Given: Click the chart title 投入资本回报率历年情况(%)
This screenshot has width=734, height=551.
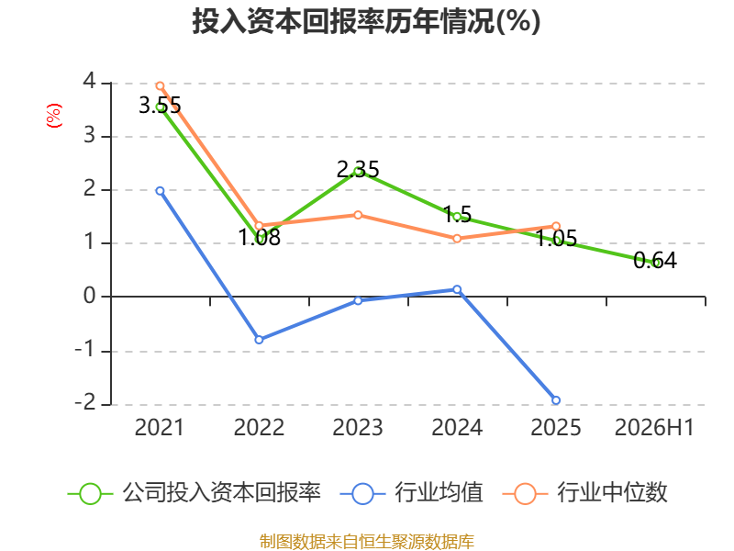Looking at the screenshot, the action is click(x=366, y=21).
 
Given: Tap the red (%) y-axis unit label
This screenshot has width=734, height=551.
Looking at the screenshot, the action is click(x=54, y=116).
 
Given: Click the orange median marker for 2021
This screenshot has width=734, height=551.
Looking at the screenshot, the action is click(x=160, y=85).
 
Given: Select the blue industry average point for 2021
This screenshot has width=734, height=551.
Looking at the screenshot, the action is click(x=160, y=191).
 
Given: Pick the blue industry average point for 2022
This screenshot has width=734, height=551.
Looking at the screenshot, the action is click(x=259, y=339).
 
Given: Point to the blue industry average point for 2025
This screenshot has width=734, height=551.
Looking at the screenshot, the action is click(x=556, y=400).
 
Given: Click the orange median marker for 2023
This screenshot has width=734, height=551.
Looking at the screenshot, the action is click(x=358, y=215).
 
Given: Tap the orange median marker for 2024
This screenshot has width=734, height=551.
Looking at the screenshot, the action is click(x=457, y=239).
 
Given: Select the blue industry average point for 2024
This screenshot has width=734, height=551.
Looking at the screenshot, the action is click(x=457, y=289).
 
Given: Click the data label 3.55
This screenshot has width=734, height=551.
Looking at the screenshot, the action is click(x=160, y=105).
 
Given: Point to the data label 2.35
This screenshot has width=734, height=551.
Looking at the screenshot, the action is click(x=358, y=169).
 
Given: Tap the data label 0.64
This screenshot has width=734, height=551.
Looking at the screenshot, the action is click(x=655, y=261).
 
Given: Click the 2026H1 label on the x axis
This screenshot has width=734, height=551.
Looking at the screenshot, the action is click(x=654, y=427).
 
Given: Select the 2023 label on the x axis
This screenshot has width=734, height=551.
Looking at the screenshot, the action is click(x=358, y=427).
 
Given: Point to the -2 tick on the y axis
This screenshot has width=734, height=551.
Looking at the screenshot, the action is click(x=85, y=402).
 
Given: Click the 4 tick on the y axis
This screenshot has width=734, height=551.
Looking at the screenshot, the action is click(x=89, y=82).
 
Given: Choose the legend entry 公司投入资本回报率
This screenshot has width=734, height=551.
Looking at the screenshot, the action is click(x=195, y=493).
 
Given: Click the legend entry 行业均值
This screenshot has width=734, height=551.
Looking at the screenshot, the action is click(x=411, y=493).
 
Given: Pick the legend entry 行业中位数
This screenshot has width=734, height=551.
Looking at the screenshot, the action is click(x=584, y=493).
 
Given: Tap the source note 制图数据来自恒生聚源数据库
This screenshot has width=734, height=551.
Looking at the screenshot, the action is click(x=367, y=542).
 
